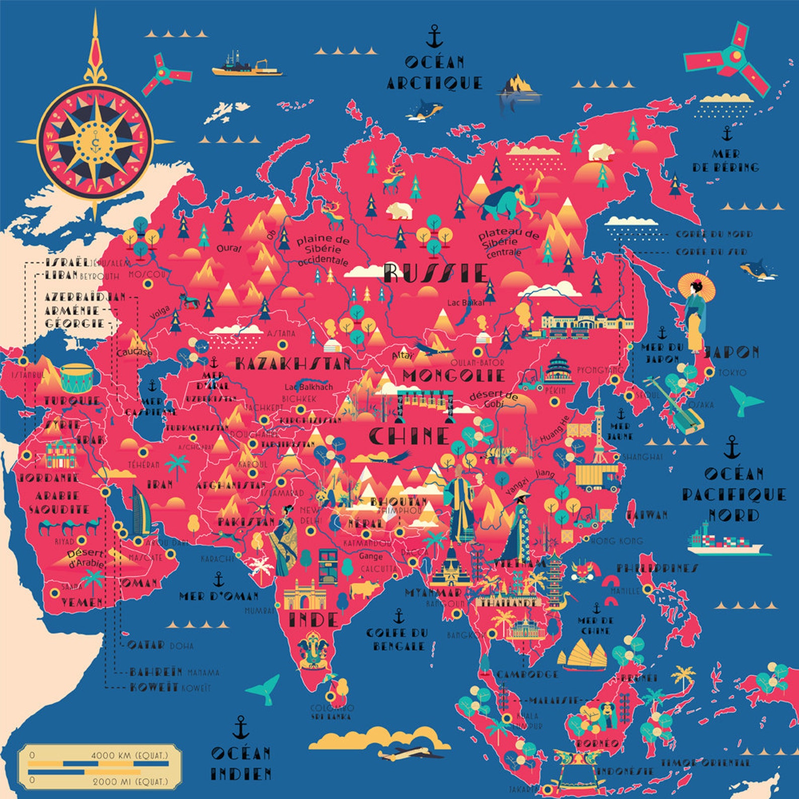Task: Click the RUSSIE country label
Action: click(436, 273)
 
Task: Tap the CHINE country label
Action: click(409, 436)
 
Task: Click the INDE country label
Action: click(313, 619)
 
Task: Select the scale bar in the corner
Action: click(99, 767)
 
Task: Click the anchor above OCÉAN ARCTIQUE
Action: click(434, 36)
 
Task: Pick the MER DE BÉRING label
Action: click(726, 161)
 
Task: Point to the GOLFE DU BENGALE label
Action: click(397, 639)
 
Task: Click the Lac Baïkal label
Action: click(466, 303)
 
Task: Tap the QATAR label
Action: click(146, 645)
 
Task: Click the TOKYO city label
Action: click(732, 373)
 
